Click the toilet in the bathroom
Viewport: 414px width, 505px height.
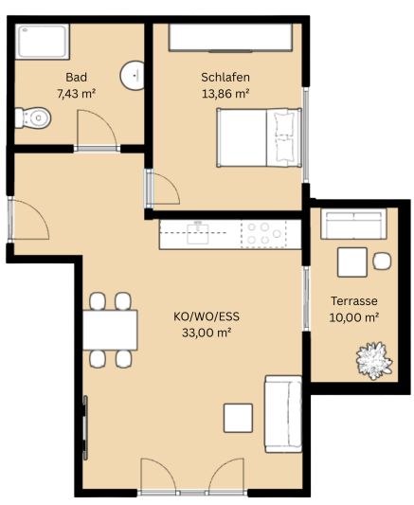point(33,117)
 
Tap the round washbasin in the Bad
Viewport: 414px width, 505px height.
point(132,76)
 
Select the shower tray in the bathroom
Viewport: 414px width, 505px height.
point(43,42)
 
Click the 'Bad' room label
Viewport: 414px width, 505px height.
point(77,78)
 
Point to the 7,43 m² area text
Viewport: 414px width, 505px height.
point(77,94)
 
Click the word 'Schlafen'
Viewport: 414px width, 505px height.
point(225,78)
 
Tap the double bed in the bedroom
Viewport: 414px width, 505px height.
point(260,137)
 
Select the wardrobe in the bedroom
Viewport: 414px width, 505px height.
point(230,37)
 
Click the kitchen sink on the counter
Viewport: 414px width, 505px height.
point(198,233)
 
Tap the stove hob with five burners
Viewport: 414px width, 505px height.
point(263,234)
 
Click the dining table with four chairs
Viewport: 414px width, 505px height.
point(110,330)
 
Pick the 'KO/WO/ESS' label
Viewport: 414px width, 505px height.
point(207,316)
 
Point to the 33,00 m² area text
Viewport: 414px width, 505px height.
point(207,333)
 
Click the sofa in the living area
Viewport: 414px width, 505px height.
point(283,414)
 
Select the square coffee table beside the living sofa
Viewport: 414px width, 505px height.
point(238,418)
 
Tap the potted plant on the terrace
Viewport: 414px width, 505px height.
point(374,361)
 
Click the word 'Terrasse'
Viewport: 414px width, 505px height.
point(354,301)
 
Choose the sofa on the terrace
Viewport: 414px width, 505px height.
point(353,224)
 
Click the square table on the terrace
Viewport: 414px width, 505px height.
point(352,262)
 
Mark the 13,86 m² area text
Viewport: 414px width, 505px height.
point(225,94)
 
